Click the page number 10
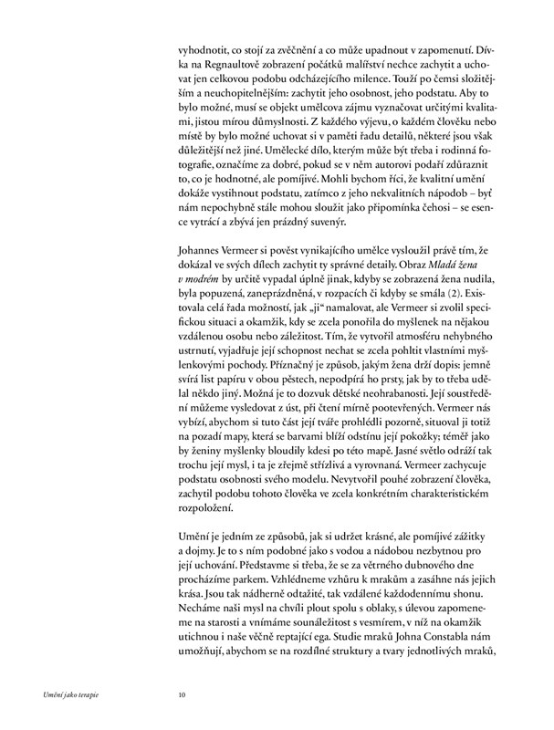pos(183,694)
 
